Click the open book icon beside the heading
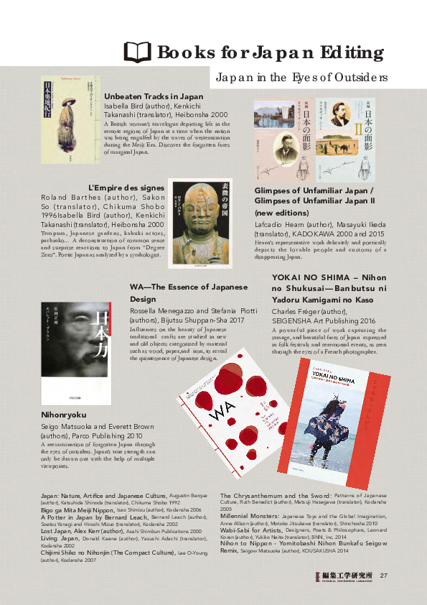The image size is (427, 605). click(138, 52)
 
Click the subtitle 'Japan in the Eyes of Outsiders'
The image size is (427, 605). click(302, 77)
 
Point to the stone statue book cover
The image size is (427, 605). click(197, 223)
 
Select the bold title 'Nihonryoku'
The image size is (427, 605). click(64, 415)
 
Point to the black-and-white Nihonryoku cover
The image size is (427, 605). click(66, 353)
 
